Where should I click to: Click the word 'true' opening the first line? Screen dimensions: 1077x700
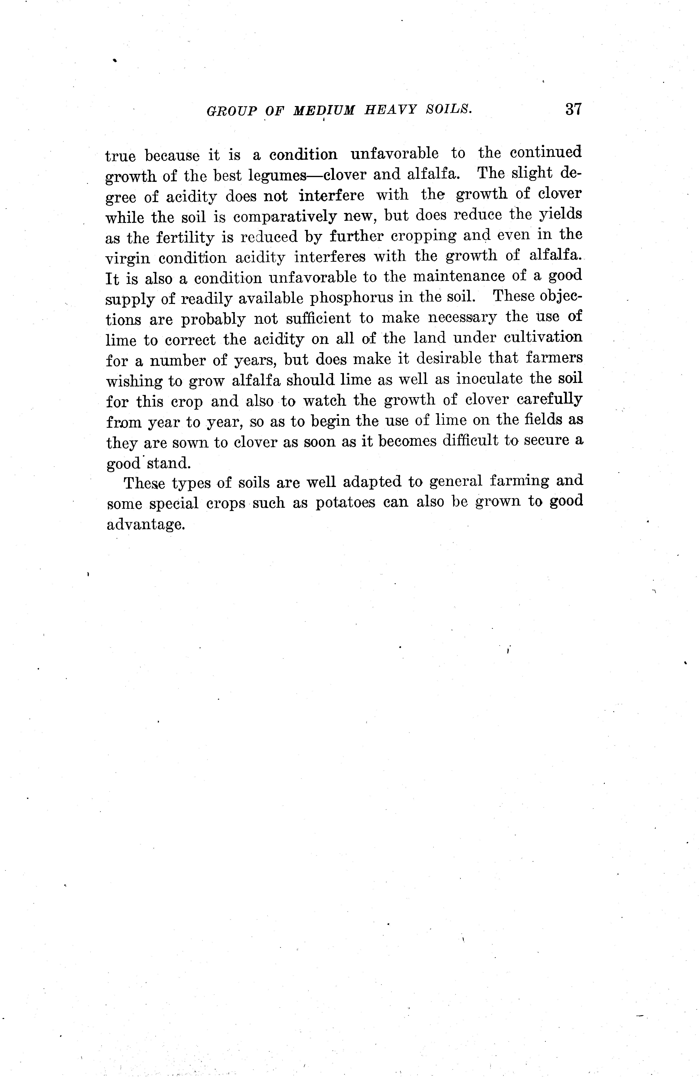tap(120, 156)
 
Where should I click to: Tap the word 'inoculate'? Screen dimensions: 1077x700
tap(489, 379)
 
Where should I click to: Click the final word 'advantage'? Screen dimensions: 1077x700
tap(146, 524)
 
